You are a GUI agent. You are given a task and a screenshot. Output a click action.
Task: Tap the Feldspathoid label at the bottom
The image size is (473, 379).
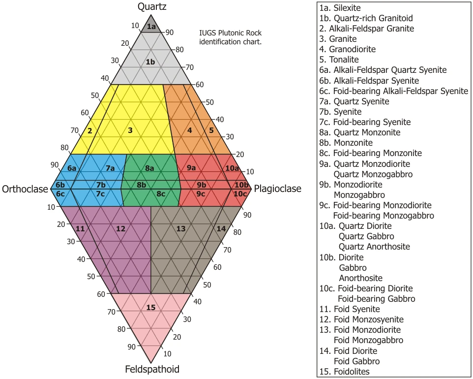(152, 369)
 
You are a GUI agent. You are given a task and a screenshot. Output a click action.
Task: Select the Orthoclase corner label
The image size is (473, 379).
(25, 189)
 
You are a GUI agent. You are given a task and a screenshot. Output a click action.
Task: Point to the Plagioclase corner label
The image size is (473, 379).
(277, 189)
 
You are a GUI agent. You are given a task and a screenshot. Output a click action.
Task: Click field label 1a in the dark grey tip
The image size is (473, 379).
(151, 26)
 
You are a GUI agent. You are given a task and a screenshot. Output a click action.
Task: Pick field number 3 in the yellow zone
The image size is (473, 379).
(130, 130)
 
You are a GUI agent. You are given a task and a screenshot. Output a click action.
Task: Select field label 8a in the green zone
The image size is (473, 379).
(149, 168)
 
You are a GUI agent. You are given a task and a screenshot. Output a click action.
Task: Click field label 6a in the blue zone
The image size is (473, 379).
(72, 168)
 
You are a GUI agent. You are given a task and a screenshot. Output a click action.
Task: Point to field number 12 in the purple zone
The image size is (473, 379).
(121, 228)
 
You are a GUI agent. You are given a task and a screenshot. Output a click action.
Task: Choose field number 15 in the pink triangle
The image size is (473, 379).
(151, 308)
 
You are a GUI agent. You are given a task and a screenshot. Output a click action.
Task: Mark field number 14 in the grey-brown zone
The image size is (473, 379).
(221, 228)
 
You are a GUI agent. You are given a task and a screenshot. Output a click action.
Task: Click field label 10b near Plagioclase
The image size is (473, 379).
(241, 185)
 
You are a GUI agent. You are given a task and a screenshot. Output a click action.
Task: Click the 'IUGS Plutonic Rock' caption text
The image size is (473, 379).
(230, 33)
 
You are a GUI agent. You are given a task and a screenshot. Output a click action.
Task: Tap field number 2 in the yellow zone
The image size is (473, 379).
(90, 131)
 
